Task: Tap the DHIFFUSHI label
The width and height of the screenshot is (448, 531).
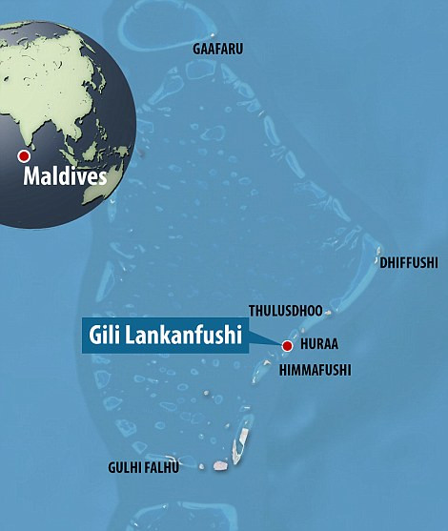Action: point(409,260)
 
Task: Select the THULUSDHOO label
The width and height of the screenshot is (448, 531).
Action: point(285,310)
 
